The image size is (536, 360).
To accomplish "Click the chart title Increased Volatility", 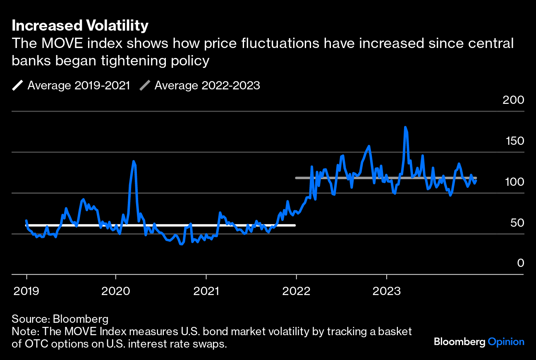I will [80, 26].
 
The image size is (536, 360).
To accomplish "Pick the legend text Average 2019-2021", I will [79, 86].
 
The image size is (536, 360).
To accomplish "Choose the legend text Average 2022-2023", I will [207, 86].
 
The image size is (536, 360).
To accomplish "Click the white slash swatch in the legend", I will [18, 86].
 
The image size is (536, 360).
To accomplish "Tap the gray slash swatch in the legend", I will [145, 86].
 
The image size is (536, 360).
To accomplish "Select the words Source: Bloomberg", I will [60, 319].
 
